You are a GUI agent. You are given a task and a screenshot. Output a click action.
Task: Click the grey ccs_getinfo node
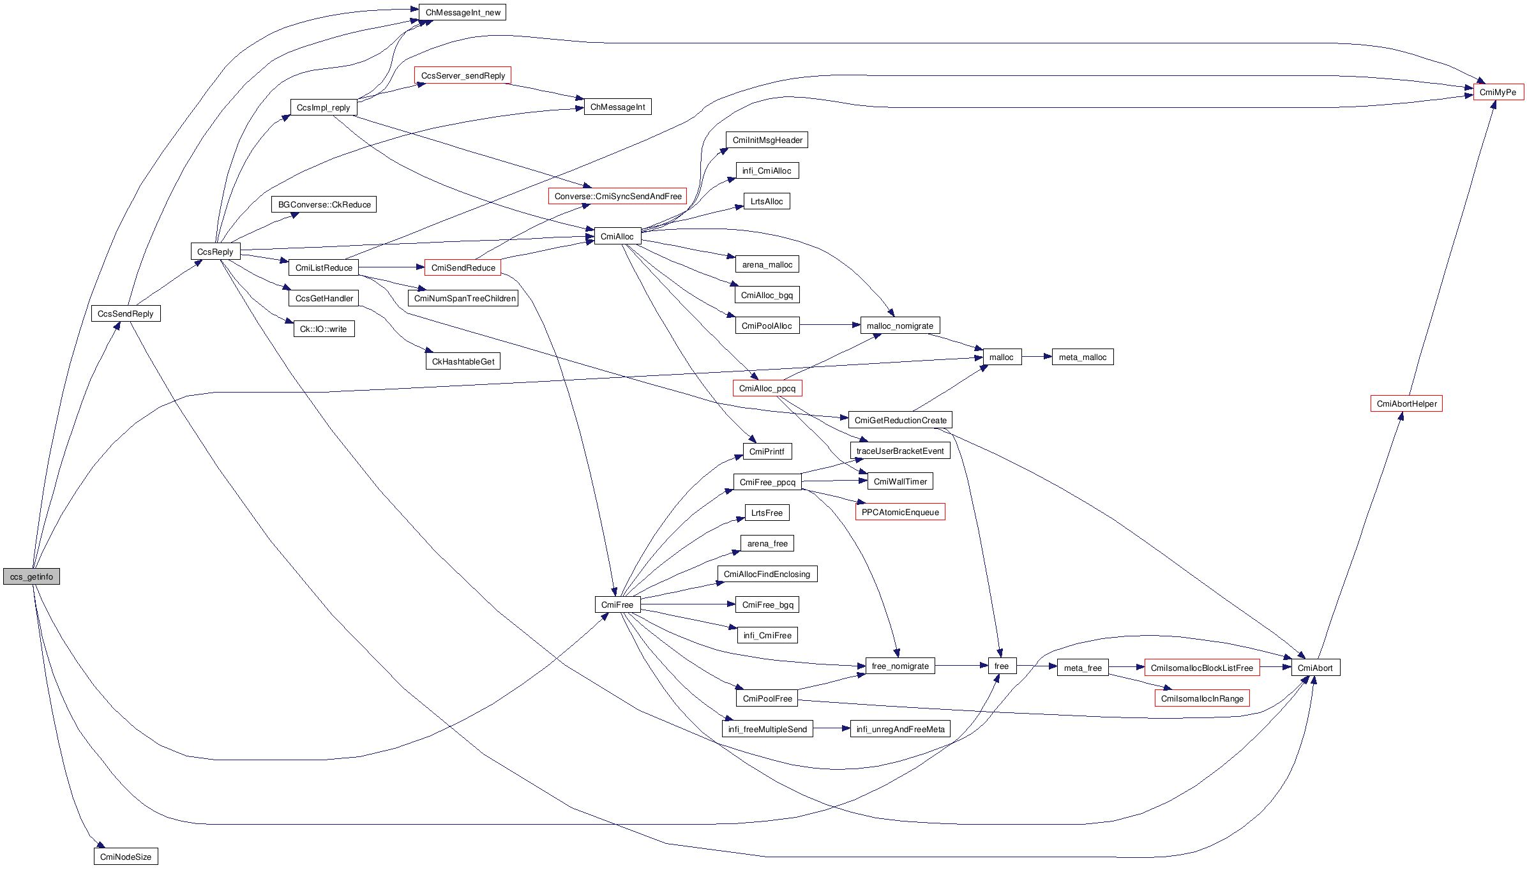coord(31,576)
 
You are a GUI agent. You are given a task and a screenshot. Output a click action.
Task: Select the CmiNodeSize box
coord(126,857)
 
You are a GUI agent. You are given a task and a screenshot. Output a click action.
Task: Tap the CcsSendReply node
coord(126,313)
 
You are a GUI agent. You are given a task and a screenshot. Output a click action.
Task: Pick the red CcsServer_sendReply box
coord(463,75)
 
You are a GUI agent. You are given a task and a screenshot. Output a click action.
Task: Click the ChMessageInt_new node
coord(463,12)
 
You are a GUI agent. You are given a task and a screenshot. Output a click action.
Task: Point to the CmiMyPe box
coord(1498,92)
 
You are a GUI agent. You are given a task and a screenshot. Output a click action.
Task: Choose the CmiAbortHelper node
coord(1406,403)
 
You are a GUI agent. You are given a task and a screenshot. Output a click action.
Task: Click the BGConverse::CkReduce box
coord(324,204)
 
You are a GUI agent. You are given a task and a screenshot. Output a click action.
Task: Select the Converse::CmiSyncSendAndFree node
coord(617,196)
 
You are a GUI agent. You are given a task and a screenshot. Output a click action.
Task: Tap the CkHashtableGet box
coord(463,361)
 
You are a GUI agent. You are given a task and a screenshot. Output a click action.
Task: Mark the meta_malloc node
coord(1083,357)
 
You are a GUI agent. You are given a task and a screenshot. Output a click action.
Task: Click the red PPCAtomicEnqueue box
coord(900,512)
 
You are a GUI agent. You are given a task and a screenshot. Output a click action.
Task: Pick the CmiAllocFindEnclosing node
coord(767,574)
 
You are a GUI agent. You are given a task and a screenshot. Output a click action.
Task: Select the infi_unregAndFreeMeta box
coord(900,729)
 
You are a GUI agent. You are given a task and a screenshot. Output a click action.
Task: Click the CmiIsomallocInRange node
coord(1202,698)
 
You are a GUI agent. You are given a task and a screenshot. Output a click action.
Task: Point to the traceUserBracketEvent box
coord(900,451)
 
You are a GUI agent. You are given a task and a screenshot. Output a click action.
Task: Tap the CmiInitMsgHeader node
coord(767,140)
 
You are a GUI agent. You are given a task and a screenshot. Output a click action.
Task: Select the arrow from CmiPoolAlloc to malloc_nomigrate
coord(830,325)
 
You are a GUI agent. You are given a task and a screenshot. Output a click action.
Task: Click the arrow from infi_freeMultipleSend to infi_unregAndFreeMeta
coord(831,728)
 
